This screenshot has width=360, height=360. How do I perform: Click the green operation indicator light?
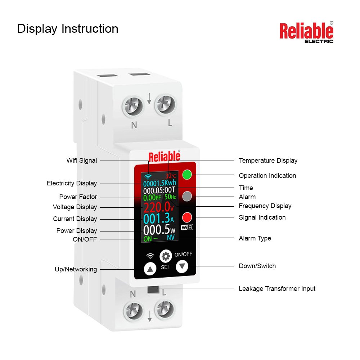187,175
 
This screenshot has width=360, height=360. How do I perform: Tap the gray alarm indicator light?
187,197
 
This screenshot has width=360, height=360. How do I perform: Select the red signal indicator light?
187,217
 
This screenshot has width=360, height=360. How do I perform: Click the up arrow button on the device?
150,269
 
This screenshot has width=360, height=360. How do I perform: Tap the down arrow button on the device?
182,266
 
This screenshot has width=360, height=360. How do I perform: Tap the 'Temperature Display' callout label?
268,161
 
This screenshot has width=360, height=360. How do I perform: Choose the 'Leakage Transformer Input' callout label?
277,289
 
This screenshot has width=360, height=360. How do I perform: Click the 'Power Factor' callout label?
78,197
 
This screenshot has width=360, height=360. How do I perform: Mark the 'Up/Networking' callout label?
76,269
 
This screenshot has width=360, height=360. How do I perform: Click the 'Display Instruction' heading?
68,29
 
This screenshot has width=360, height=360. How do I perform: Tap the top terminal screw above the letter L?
165,105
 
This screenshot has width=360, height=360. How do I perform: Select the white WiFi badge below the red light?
187,227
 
